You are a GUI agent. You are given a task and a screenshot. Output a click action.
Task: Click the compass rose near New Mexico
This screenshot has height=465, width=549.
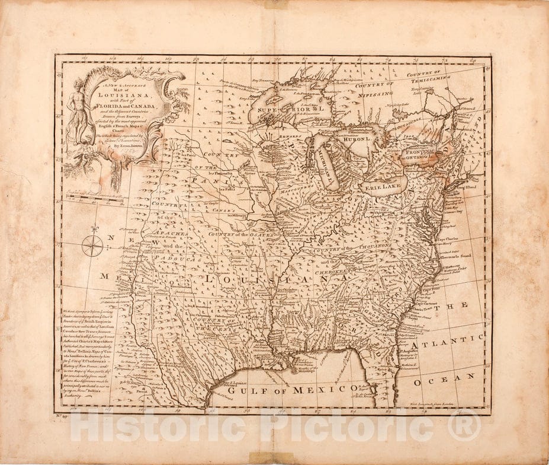coord(92,246)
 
